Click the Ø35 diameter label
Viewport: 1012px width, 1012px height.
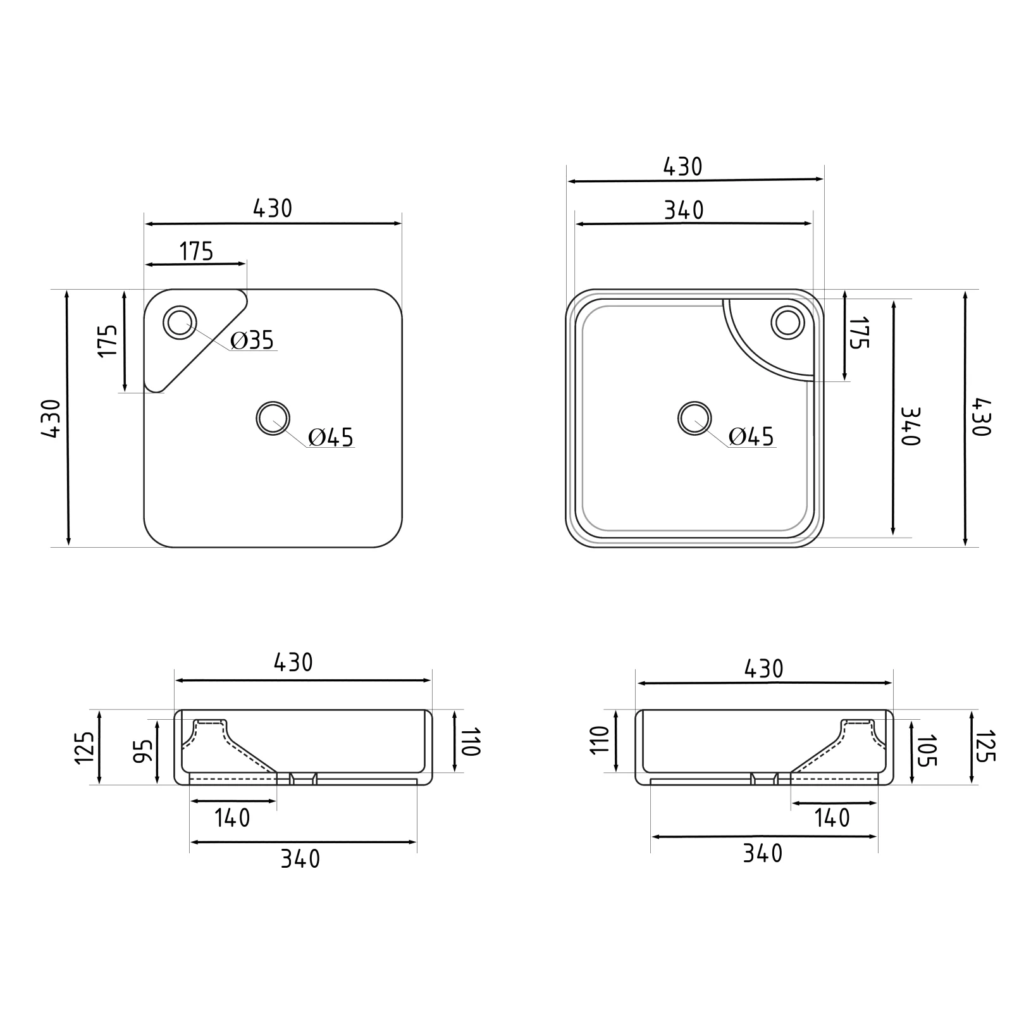tap(252, 340)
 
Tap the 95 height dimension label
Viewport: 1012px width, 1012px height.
tap(145, 751)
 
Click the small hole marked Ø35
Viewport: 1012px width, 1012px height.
tap(180, 323)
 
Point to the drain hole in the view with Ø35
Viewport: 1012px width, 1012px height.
tap(273, 418)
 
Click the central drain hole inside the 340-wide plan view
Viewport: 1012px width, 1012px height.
tap(694, 418)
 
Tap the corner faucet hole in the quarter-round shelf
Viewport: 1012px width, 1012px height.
tap(788, 322)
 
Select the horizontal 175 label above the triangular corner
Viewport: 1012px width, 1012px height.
tap(197, 252)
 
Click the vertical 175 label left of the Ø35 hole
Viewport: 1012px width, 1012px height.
tap(108, 341)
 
